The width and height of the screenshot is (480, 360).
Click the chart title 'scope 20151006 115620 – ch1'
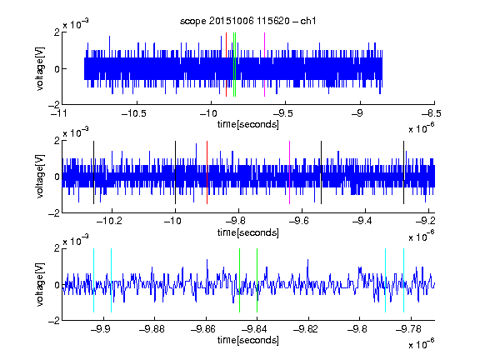247,21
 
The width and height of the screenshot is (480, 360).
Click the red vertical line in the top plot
226,65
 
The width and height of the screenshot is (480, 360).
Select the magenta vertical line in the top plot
264,65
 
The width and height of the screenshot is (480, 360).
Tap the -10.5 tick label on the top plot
134,113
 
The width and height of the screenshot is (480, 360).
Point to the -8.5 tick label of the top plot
432,113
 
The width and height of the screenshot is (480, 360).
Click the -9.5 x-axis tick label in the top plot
282,113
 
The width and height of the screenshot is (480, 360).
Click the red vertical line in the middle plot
207,172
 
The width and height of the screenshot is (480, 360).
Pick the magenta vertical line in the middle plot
290,172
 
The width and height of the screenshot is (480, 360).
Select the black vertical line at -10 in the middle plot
175,172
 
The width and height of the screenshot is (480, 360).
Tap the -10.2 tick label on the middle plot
109,220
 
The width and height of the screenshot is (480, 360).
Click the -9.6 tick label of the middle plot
299,220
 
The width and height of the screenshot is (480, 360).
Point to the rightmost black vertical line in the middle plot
404,172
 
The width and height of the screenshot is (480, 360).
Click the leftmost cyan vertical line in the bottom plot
93,280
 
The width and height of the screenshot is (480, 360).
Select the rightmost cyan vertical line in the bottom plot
404,280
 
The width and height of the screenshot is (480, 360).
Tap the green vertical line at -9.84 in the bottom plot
257,280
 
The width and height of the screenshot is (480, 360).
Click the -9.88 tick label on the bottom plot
152,329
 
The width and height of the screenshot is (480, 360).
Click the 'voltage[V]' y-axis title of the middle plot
40,177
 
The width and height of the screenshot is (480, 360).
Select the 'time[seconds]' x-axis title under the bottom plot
248,340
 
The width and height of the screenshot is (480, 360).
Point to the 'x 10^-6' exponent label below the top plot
422,127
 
